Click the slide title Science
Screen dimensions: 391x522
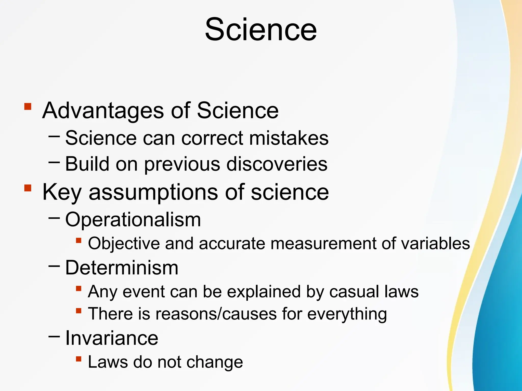coord(261,30)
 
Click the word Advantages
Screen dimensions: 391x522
coord(103,111)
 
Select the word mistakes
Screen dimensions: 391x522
coord(289,138)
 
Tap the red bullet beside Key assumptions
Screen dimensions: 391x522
coord(28,188)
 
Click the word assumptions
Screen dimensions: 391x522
coord(153,193)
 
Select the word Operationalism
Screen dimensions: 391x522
coord(133,219)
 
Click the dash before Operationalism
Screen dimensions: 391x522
coord(54,218)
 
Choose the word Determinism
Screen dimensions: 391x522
coord(122,268)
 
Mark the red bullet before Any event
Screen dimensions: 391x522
coord(79,288)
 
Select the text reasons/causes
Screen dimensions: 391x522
coord(216,314)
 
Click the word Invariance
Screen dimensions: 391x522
coord(112,338)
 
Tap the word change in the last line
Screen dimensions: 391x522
coord(215,362)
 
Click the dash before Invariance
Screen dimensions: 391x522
coord(54,337)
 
